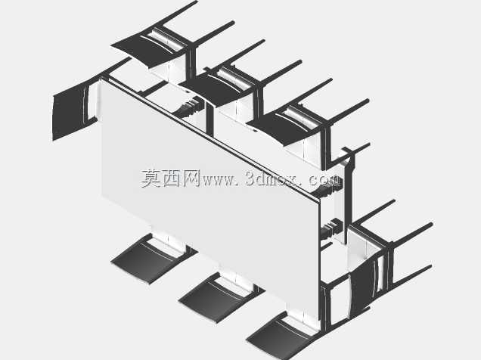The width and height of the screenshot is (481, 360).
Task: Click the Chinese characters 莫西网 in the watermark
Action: click(170, 178)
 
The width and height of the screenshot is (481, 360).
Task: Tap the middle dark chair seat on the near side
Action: click(215, 299)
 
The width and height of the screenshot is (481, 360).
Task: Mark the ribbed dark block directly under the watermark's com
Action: click(329, 191)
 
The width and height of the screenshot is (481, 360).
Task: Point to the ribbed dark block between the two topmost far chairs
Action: click(190, 106)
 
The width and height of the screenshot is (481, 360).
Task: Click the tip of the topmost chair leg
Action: click(196, 2)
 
